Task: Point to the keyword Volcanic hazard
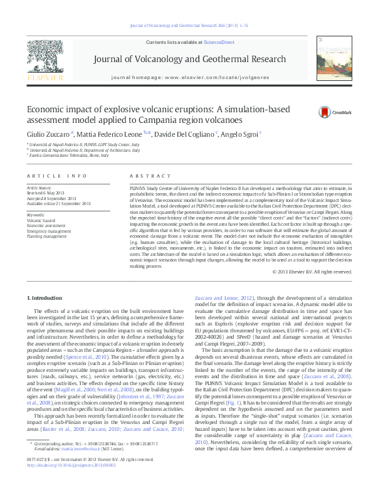(41, 221)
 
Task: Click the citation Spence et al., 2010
(129, 355)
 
